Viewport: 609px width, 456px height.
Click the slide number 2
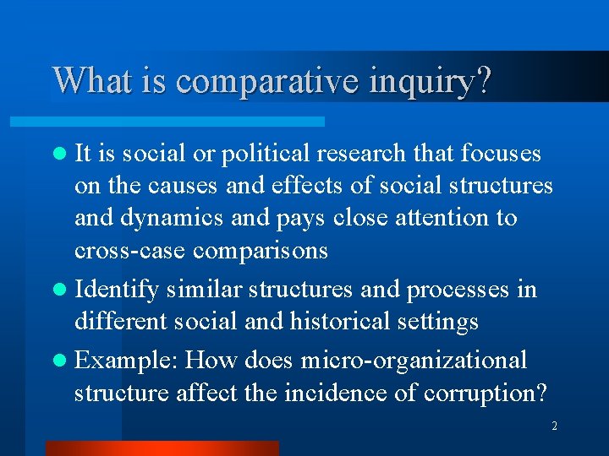click(x=554, y=426)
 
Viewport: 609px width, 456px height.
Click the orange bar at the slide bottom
click(x=161, y=448)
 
